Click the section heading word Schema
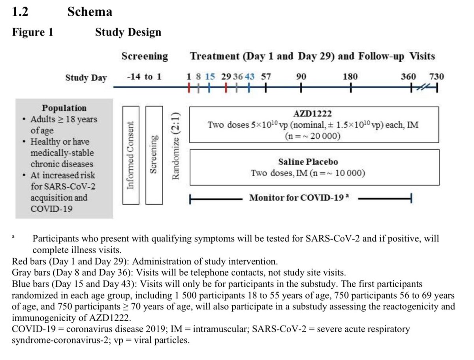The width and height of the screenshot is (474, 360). coord(90,12)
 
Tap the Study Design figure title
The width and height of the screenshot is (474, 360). coord(128,32)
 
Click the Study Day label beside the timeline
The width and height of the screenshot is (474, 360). coord(86,77)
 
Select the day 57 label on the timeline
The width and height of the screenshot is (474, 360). coord(265,77)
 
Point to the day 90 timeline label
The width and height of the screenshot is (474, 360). coord(301,77)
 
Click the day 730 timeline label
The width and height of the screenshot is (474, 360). coord(436,77)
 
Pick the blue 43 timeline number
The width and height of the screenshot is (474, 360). coord(249,77)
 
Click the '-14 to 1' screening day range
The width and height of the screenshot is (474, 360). coord(144,77)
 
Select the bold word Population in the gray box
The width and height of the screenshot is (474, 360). coord(64,108)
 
